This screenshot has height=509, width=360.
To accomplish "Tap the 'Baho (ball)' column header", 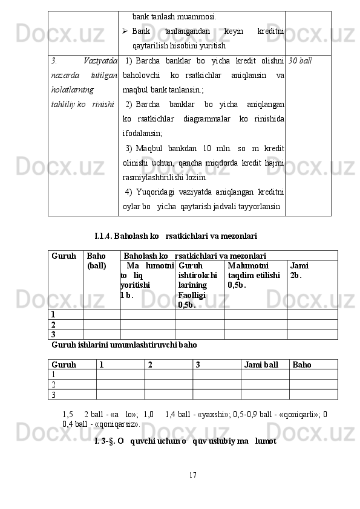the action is tap(96, 261).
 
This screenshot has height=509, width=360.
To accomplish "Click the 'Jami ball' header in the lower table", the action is tap(261, 365).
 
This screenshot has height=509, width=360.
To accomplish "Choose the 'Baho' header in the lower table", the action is tap(302, 365).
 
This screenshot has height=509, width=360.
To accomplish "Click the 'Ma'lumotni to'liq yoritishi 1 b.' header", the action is tap(146, 279).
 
